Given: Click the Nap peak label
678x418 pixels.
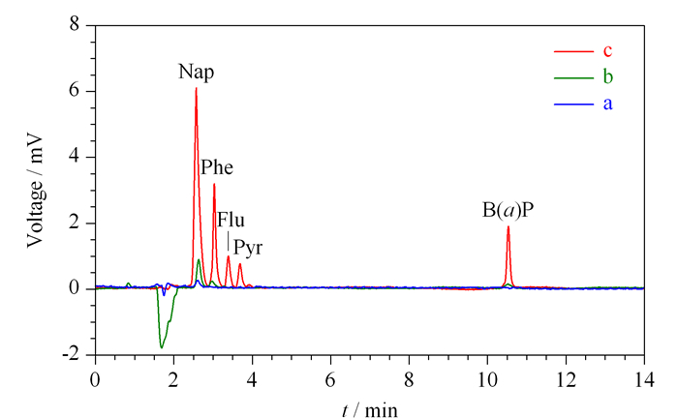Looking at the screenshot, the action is point(196,72).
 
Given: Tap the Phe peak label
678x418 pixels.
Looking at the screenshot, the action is point(217,167).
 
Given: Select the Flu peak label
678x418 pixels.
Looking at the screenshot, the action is point(231,220).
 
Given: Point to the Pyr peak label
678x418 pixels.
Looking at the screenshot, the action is point(248,249).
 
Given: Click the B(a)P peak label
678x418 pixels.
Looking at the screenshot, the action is point(508,210).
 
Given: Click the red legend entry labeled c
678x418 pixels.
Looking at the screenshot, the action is point(583,51).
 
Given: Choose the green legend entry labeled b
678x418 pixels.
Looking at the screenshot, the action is point(583,77).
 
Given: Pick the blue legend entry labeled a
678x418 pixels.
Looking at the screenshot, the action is point(583,104).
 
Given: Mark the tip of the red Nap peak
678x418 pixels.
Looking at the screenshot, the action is point(196,88).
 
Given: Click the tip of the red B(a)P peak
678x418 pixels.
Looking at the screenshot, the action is point(508,226).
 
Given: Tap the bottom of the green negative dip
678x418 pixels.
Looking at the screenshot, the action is point(162,347).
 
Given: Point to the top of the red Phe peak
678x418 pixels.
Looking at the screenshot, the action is point(214,185).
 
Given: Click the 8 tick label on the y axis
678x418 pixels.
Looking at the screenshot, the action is point(75,24).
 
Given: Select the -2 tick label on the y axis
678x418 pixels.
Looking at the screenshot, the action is point(72,354).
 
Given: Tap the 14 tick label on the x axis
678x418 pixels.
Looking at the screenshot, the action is point(644,380).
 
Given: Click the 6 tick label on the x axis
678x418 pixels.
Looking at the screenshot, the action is point(330,380).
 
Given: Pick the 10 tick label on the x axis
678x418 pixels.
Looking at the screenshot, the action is point(487,380).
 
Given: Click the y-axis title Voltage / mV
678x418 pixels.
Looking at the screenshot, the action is point(36,191).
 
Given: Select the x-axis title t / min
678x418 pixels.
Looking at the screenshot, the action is point(369,410).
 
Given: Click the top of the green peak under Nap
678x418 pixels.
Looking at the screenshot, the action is point(199,259).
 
